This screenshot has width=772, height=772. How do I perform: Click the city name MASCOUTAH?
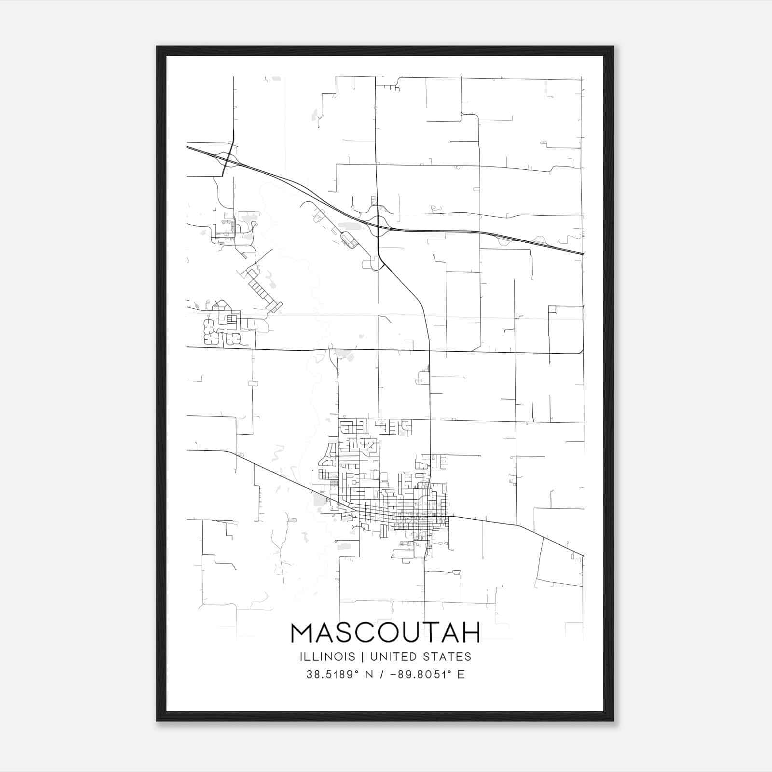click(x=386, y=633)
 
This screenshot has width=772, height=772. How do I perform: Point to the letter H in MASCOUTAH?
click(x=470, y=633)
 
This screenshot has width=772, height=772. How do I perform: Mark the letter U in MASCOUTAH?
click(x=411, y=633)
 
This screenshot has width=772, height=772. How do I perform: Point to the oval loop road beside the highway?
click(x=349, y=240)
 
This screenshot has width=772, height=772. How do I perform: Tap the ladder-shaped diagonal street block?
click(x=263, y=289)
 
